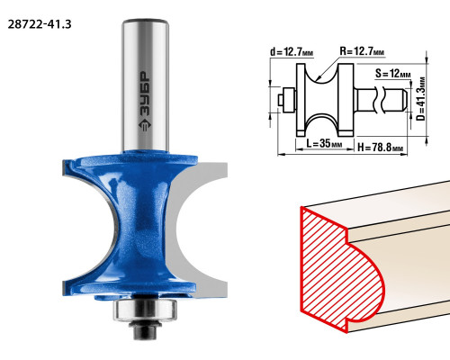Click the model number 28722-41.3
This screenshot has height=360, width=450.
point(40,24)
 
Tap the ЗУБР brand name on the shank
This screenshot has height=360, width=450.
point(145,95)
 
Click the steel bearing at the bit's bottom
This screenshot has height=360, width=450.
point(145,310)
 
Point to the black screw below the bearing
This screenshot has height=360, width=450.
point(145,330)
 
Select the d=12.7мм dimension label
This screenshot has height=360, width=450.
point(292,52)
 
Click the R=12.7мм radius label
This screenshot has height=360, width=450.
point(362,51)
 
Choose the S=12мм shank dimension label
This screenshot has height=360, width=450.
point(392,73)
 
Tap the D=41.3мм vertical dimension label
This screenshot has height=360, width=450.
point(421,99)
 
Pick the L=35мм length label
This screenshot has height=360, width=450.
point(324,143)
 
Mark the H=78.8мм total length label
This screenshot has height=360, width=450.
point(380,148)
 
